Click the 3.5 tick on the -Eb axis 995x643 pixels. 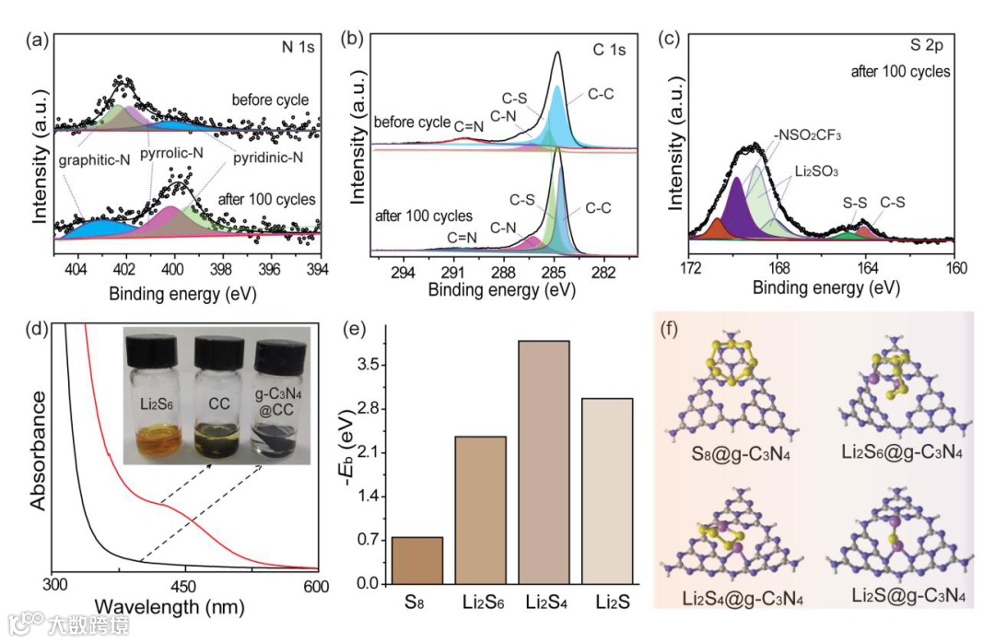[367, 365]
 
